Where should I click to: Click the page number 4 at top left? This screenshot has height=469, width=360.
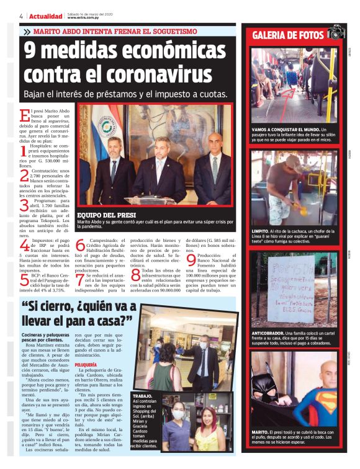tap(21, 16)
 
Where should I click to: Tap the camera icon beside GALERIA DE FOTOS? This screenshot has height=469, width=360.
tap(336, 33)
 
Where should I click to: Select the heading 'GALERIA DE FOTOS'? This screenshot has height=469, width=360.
tap(288, 35)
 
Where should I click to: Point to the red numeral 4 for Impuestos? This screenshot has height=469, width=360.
tap(24, 246)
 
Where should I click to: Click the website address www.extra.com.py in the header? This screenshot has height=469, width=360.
tap(85, 17)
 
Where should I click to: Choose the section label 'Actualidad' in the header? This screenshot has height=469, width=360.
tap(45, 16)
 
